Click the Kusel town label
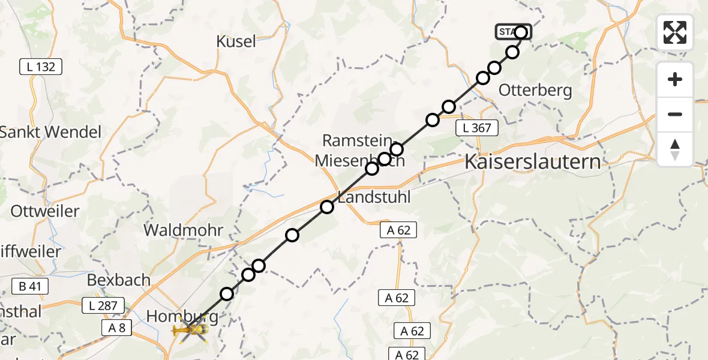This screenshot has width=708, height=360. (x=236, y=41)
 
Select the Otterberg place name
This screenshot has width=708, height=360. (x=536, y=91)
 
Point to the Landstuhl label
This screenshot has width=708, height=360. (x=375, y=197)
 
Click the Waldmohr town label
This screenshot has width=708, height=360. (x=183, y=230)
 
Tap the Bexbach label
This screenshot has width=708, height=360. (x=113, y=280)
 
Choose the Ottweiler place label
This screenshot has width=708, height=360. (x=45, y=211)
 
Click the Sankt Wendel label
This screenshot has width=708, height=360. (x=51, y=132)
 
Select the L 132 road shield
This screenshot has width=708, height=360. (x=41, y=67)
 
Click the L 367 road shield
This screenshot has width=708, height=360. (x=477, y=127)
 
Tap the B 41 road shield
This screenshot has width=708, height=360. (x=30, y=287)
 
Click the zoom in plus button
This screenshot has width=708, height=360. (x=675, y=79)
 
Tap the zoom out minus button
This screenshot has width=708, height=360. (x=675, y=114)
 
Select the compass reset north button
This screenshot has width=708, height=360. (x=675, y=149)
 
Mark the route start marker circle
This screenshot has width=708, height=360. (x=521, y=32)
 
